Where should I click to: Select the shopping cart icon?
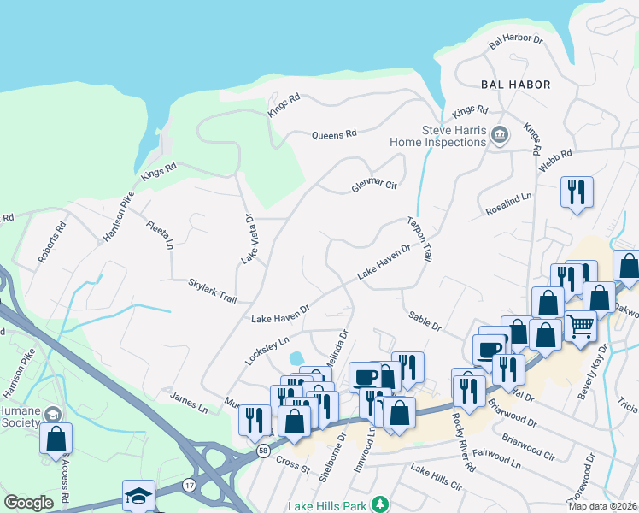[x=581, y=325]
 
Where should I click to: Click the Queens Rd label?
[x=334, y=135]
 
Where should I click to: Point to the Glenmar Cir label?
[x=375, y=186]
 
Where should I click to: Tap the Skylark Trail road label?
[x=212, y=290]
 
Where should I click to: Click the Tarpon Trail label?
[x=419, y=238]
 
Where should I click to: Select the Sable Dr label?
[x=424, y=321]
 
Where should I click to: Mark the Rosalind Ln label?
[x=509, y=203]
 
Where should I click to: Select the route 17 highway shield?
[x=188, y=486]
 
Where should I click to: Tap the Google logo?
[x=28, y=503]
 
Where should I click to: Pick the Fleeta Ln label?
[x=160, y=233]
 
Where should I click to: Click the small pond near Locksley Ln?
[x=296, y=357]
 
